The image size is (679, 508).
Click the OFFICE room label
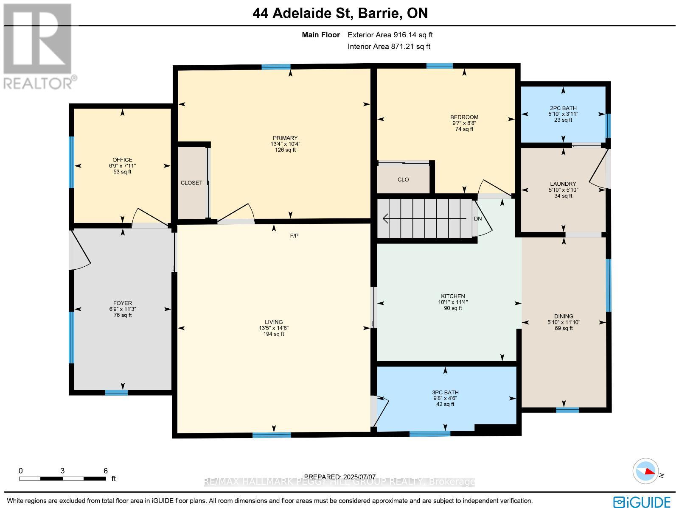(x=123, y=160)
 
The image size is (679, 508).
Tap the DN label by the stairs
(x=478, y=219)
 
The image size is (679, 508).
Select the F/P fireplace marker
(x=294, y=236)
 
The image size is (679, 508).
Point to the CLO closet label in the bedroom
(x=403, y=179)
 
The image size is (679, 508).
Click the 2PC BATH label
(x=563, y=108)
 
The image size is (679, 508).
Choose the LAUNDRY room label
(x=563, y=184)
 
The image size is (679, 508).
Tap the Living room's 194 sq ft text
(x=274, y=334)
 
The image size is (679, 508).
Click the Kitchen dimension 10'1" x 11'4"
(x=453, y=302)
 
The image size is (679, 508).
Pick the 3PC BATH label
(x=445, y=392)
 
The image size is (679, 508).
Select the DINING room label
(x=564, y=316)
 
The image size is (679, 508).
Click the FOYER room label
(x=123, y=303)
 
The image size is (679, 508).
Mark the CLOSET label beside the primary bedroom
(x=191, y=183)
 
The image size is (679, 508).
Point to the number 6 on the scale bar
(x=105, y=471)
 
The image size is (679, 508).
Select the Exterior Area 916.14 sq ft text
(x=390, y=35)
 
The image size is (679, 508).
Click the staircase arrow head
(x=385, y=218)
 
